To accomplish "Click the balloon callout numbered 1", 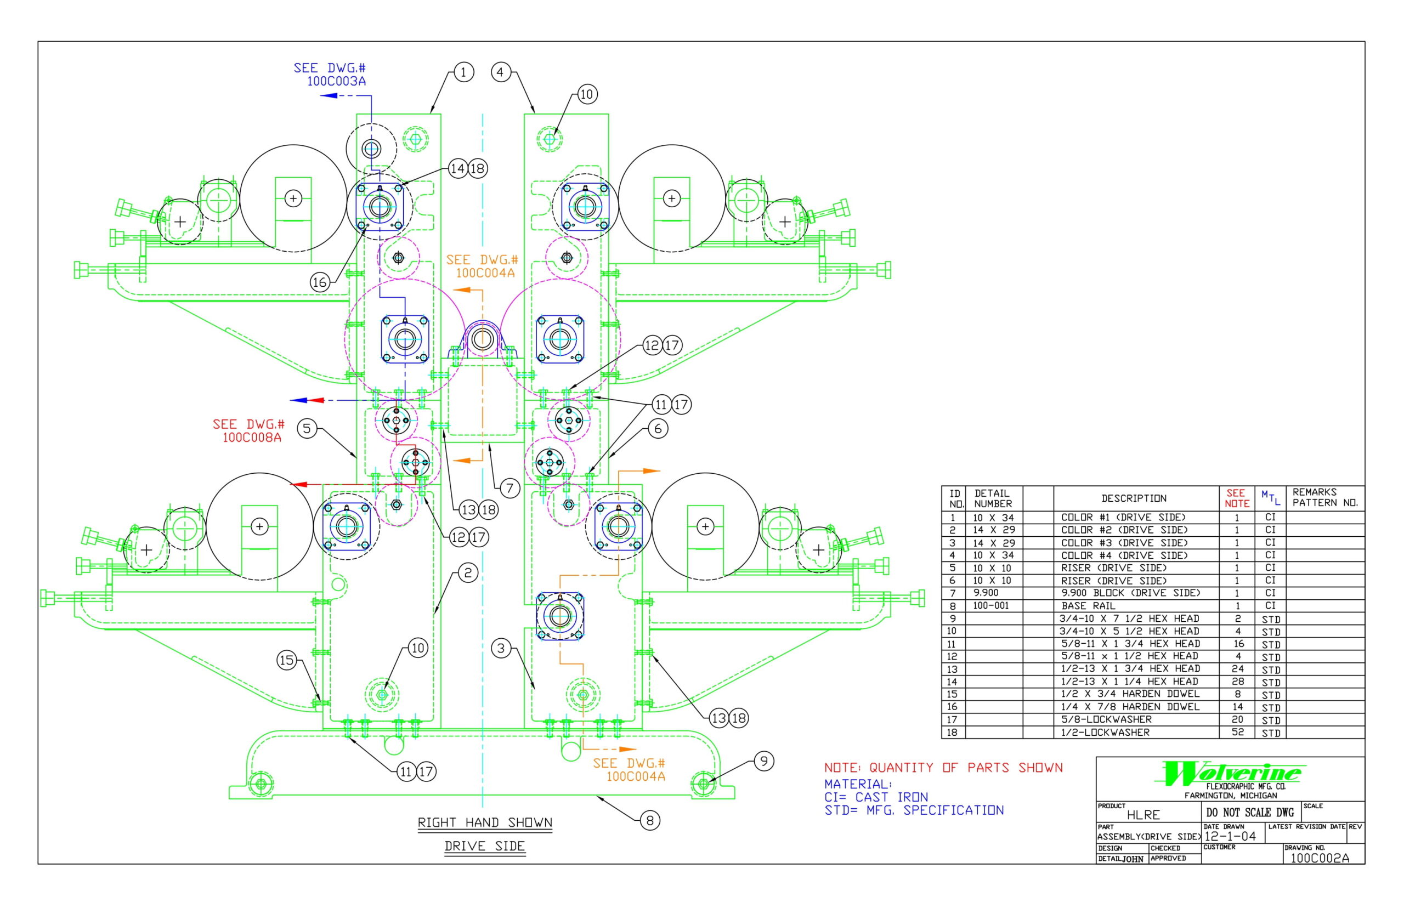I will click(463, 72).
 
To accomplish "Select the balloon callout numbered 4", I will click(501, 72).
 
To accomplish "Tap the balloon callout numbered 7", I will click(510, 487).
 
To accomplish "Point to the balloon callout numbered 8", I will click(650, 820).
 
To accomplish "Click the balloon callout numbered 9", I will click(763, 761).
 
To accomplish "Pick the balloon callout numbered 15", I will click(287, 660).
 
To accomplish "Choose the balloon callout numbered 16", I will click(320, 282).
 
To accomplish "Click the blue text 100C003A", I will click(336, 81).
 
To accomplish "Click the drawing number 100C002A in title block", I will click(1320, 858).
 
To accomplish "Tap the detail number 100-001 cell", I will click(991, 605).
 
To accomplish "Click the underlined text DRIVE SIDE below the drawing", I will click(484, 846).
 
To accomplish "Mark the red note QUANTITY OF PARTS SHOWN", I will click(943, 768).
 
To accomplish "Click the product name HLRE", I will click(1143, 815).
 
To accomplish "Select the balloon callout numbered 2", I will click(468, 572).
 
